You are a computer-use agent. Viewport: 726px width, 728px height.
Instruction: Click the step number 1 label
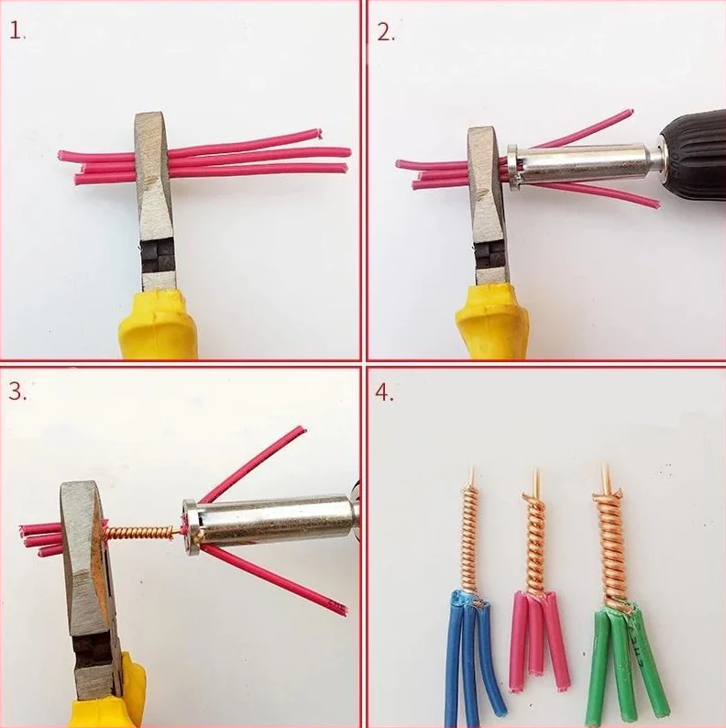16,31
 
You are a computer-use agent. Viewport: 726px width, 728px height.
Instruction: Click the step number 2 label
385,32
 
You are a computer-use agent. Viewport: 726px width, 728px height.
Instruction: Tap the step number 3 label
17,392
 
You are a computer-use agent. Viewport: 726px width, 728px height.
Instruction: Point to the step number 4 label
384,392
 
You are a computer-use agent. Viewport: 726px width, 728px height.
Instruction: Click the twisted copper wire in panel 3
140,534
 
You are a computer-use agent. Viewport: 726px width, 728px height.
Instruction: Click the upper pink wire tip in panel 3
301,430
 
